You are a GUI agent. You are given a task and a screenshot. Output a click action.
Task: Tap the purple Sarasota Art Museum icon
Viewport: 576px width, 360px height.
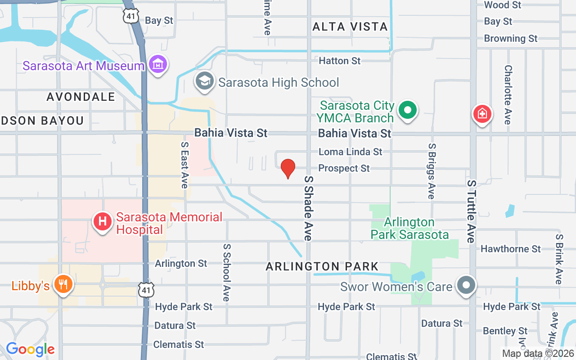tap(158, 65)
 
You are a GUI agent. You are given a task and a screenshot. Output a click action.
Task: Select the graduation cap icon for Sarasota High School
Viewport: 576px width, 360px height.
tap(205, 82)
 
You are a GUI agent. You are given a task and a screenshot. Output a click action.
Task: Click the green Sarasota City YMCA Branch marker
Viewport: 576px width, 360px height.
tap(408, 110)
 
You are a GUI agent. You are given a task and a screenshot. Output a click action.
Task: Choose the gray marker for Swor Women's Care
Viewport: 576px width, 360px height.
tap(467, 285)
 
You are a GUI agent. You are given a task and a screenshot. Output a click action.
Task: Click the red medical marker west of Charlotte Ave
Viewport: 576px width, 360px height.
tap(482, 113)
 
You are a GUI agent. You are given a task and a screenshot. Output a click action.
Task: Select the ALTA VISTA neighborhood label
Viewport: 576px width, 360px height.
tap(350, 27)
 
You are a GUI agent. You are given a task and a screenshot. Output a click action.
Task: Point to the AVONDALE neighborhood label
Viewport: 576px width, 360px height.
tap(81, 97)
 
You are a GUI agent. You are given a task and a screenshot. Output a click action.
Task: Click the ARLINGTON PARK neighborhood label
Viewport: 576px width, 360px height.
tap(322, 266)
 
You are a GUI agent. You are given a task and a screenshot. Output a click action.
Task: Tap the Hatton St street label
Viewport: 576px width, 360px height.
tap(340, 60)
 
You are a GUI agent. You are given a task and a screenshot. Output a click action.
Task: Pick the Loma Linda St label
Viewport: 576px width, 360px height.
tap(351, 152)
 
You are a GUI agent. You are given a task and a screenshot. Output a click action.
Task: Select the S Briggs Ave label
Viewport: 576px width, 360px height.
tap(432, 171)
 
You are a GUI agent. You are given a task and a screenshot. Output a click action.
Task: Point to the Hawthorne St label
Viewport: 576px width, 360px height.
tap(511, 249)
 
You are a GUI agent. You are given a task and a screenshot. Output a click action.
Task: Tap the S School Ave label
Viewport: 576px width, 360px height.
tap(226, 273)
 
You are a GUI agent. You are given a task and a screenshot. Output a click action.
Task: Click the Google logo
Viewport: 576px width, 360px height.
tap(30, 349)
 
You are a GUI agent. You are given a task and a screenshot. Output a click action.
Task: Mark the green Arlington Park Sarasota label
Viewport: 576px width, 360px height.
tap(409, 228)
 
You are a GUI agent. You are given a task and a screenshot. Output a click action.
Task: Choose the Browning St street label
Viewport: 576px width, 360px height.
tap(511, 39)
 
